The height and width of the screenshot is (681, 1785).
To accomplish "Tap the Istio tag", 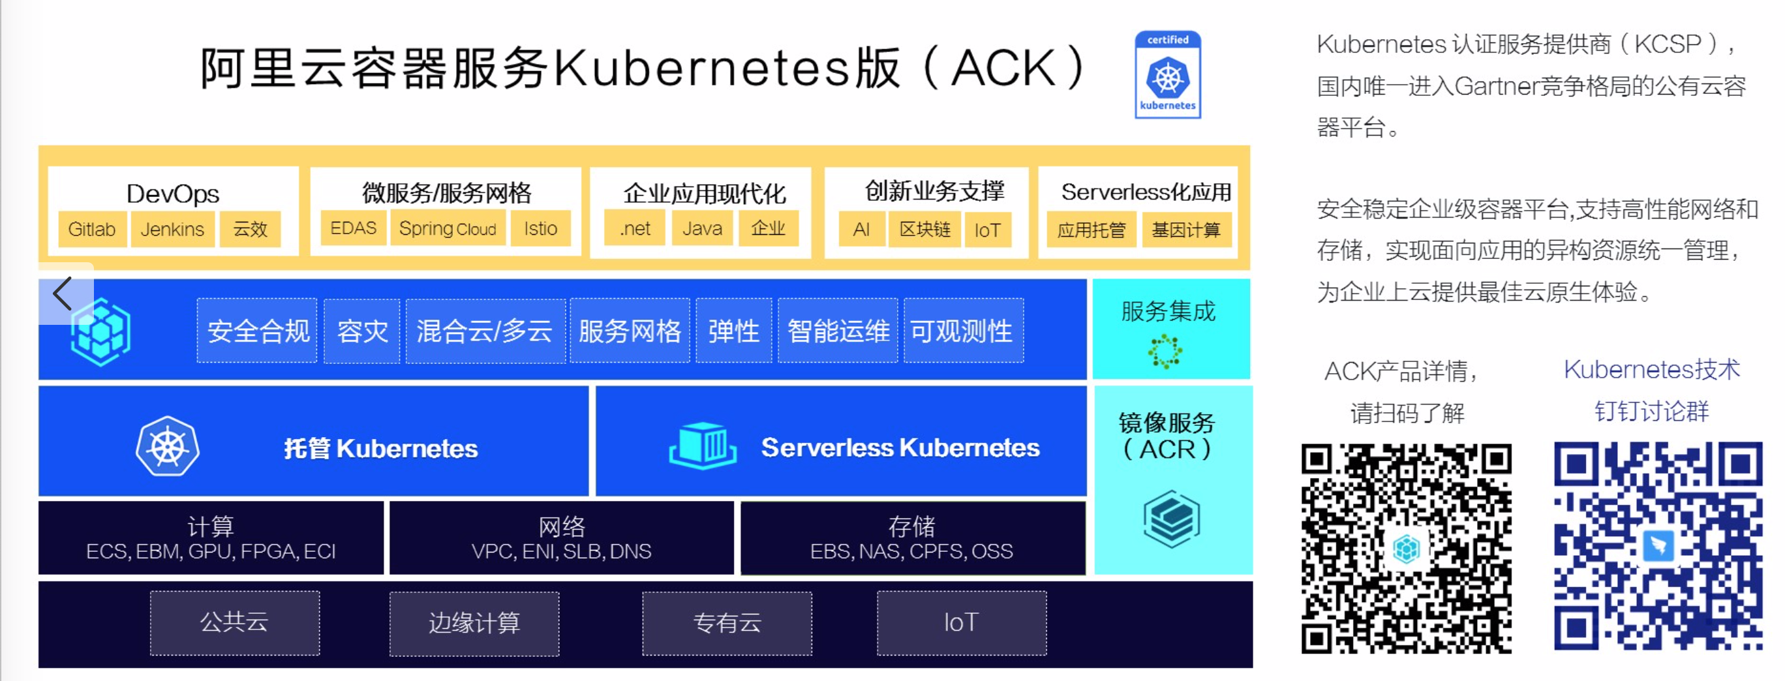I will (x=540, y=228).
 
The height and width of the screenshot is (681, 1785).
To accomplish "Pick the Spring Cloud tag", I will (x=448, y=228).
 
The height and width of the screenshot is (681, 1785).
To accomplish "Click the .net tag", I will (x=635, y=228).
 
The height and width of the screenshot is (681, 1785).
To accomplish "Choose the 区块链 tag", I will (x=924, y=230).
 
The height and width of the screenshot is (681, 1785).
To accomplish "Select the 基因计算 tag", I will (x=1185, y=230).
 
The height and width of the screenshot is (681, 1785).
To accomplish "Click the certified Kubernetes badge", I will (x=1168, y=75).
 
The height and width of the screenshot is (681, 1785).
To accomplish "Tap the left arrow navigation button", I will (x=63, y=293).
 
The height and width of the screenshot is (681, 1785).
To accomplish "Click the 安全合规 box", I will (x=258, y=331).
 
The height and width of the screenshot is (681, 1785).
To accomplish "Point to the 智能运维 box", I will (x=838, y=331).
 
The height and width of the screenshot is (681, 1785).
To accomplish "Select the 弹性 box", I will (x=733, y=331).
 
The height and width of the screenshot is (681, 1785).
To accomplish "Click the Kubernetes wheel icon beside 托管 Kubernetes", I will (x=168, y=446).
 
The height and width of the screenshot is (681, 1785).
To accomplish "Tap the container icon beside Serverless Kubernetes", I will (x=703, y=446).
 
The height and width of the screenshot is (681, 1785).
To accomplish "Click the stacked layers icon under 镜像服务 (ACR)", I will (x=1171, y=519).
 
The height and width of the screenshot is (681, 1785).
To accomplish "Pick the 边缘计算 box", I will (x=474, y=623).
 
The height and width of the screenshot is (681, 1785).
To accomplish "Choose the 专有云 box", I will (x=727, y=623).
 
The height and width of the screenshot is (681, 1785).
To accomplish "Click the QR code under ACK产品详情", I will (x=1406, y=548).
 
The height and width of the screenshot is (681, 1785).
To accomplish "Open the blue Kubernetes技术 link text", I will (x=1651, y=370).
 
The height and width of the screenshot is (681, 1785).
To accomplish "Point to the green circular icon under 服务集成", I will (x=1165, y=350).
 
